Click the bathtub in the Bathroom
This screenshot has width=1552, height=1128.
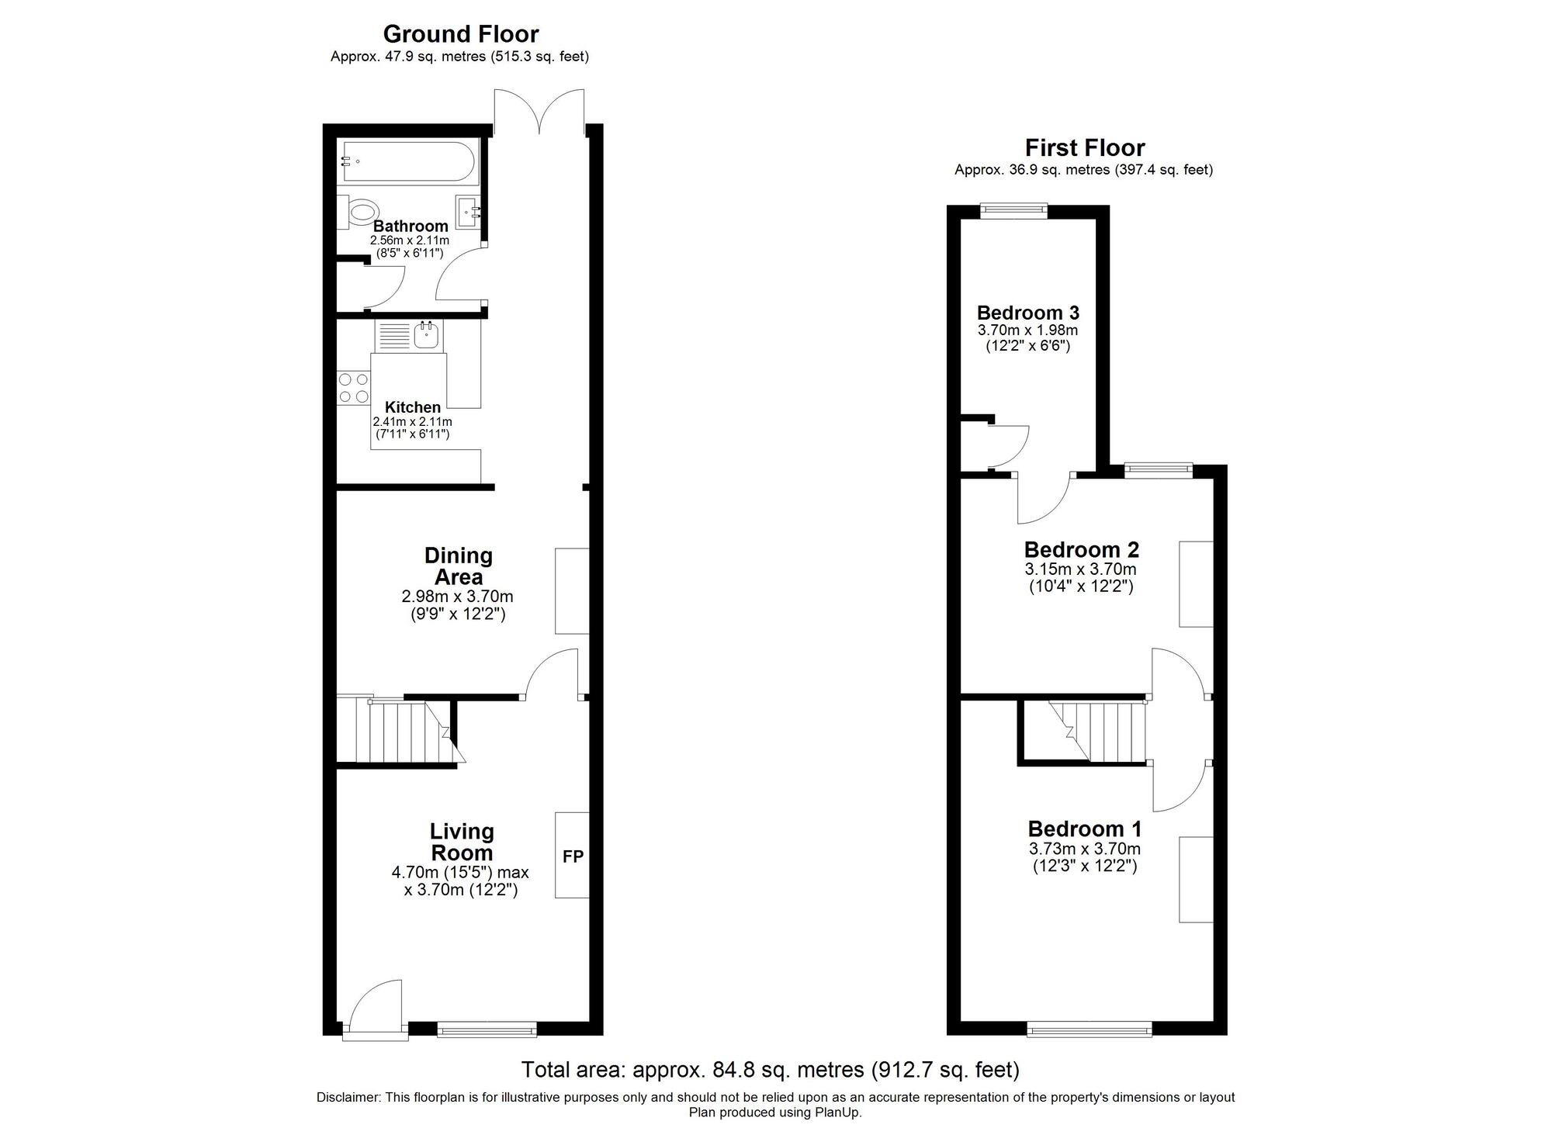(x=407, y=163)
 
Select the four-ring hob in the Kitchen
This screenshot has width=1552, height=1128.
(x=353, y=388)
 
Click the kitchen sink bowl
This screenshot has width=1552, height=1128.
(x=427, y=336)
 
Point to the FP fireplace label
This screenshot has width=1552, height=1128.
(x=573, y=856)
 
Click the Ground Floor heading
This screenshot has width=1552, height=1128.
(x=460, y=34)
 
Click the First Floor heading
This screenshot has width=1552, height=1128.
(x=1084, y=147)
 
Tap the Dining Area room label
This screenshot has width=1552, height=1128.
(x=458, y=566)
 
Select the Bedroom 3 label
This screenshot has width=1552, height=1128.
(x=1027, y=313)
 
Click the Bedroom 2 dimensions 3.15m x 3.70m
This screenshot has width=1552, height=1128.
(x=1080, y=569)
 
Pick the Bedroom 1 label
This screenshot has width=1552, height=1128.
(x=1084, y=829)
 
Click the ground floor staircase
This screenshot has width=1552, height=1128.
(x=400, y=733)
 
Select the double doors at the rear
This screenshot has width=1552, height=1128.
(x=539, y=112)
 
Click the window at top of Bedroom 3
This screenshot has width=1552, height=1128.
(x=1013, y=209)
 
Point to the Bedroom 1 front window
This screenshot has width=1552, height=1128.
(x=1089, y=1029)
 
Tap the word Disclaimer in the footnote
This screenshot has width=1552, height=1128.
(x=348, y=1098)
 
